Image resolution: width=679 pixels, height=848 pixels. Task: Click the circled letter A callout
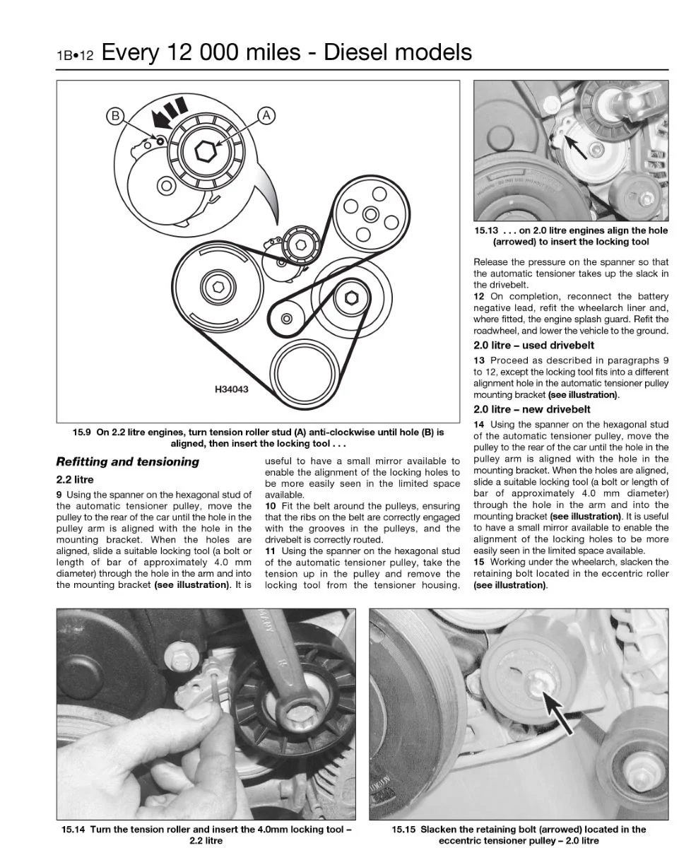pyautogui.click(x=266, y=116)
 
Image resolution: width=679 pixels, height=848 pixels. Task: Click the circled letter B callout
pyautogui.click(x=115, y=116)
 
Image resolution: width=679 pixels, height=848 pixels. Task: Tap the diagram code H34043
pyautogui.click(x=231, y=389)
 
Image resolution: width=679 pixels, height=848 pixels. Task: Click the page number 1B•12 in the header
pyautogui.click(x=75, y=56)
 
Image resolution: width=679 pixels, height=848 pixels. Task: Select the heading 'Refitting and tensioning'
pyautogui.click(x=128, y=461)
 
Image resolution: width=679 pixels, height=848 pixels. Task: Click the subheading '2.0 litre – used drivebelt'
pyautogui.click(x=533, y=345)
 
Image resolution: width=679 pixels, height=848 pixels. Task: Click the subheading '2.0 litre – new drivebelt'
pyautogui.click(x=531, y=409)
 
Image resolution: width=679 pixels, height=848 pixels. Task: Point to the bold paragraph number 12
pyautogui.click(x=479, y=296)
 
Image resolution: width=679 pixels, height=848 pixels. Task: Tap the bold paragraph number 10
pyautogui.click(x=271, y=506)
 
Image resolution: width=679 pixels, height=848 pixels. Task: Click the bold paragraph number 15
pyautogui.click(x=479, y=562)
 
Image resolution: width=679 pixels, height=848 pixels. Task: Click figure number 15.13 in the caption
pyautogui.click(x=486, y=230)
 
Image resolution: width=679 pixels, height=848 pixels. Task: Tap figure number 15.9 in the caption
pyautogui.click(x=81, y=432)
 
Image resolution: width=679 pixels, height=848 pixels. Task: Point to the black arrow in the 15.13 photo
pyautogui.click(x=575, y=146)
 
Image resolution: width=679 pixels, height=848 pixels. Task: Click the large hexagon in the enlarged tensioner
pyautogui.click(x=206, y=151)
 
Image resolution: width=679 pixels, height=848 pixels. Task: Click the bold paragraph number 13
pyautogui.click(x=479, y=360)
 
